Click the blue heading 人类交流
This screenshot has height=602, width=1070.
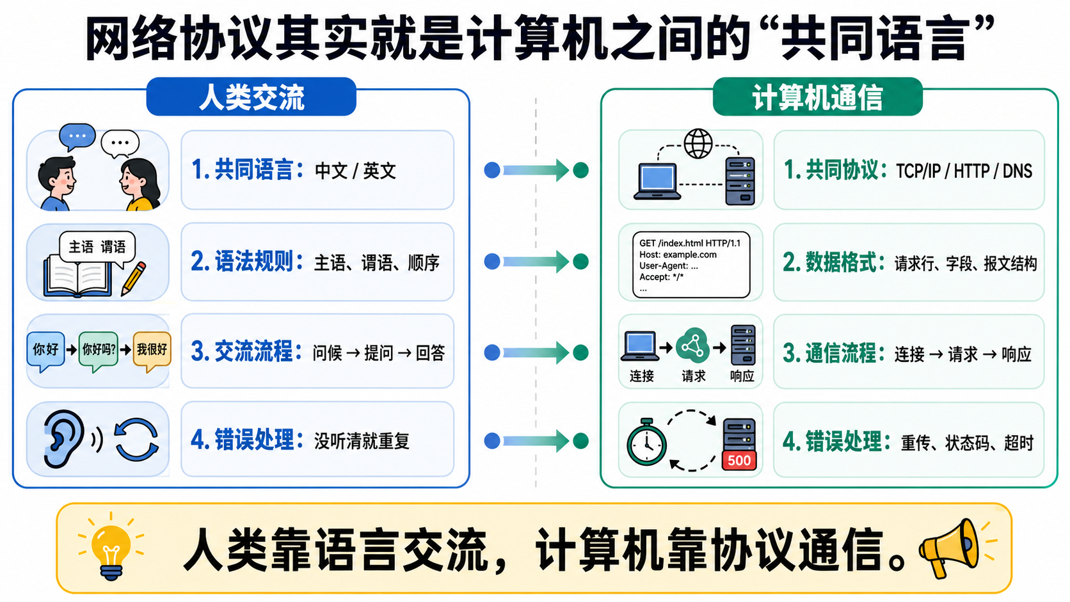[x=252, y=97]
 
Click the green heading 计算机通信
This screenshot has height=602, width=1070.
[x=817, y=97]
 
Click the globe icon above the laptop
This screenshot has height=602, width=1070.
[x=698, y=143]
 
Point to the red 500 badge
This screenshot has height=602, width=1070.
[x=739, y=460]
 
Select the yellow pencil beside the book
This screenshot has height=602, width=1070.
[x=133, y=279]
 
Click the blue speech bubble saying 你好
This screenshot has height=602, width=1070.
[x=45, y=351]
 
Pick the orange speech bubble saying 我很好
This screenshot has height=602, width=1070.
[x=152, y=351]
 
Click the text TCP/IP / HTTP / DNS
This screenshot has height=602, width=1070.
[x=964, y=171]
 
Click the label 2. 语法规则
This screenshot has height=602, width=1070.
[x=246, y=262]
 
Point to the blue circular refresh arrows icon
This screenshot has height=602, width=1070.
[x=136, y=440]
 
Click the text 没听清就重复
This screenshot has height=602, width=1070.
[x=362, y=441]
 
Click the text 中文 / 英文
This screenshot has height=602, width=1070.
[x=355, y=171]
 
